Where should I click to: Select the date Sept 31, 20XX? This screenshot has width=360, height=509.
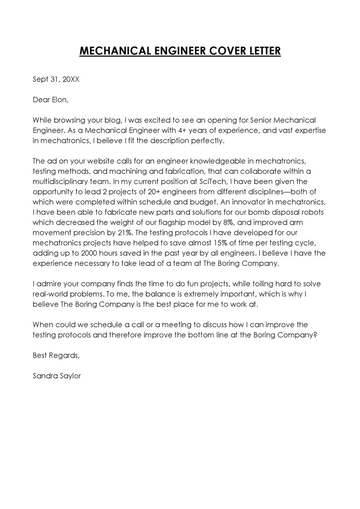(x=56, y=79)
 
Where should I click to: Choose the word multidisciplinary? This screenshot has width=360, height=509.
(x=60, y=181)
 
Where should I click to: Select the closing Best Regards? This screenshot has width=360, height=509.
(x=56, y=356)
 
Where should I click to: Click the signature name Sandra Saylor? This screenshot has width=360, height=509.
(x=57, y=376)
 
